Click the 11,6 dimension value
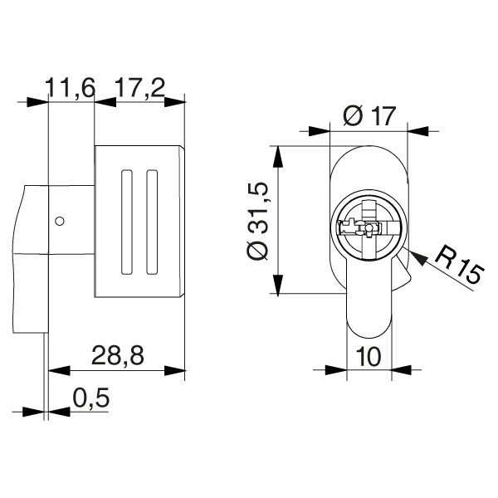pos(71,85)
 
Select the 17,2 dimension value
pos(139,85)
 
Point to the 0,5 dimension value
pos(90,398)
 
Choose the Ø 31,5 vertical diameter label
pos(259,221)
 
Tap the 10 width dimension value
pos(369,356)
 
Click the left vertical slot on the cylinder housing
pos(126,222)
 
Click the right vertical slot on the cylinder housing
pos(151,222)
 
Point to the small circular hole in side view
pos(59,221)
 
